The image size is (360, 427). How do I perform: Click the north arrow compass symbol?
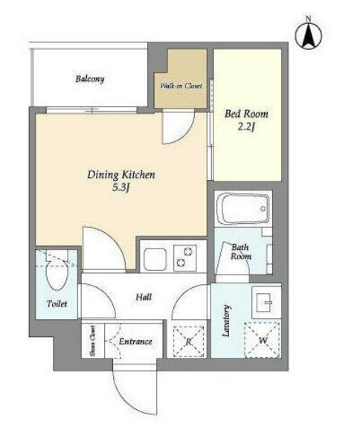click(x=309, y=36)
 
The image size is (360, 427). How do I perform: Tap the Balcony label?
click(x=90, y=79)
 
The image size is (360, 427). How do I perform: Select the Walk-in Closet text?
click(x=181, y=86)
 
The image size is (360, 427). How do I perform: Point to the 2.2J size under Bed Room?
click(x=246, y=127)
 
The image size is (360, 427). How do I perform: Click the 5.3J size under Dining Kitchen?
click(x=120, y=188)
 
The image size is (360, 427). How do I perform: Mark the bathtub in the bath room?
click(x=243, y=208)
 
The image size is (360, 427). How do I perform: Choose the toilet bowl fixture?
click(x=57, y=274)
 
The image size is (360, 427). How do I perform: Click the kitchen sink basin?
click(x=155, y=259)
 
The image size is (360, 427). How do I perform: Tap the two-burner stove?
click(x=185, y=258)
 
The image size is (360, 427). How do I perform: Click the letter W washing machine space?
click(x=263, y=340)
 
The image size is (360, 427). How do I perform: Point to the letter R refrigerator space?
click(x=189, y=341)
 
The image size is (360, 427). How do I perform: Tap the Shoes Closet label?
click(x=93, y=341)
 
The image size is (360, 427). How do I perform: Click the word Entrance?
click(x=135, y=341)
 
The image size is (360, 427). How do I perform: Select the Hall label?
click(x=144, y=297)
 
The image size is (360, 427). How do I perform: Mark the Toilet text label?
click(x=57, y=304)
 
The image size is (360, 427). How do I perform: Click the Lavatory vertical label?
click(x=227, y=321)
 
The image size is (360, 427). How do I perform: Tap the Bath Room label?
click(x=240, y=251)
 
